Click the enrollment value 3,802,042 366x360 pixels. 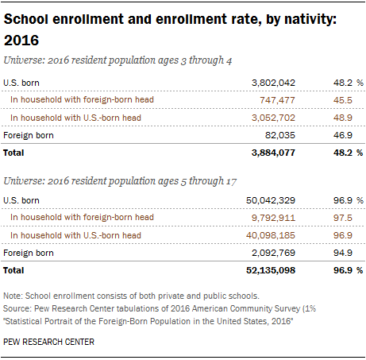tap(273, 83)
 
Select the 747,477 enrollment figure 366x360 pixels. tap(277, 100)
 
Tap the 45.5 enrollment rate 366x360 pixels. tap(343, 100)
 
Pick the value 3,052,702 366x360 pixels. tap(273, 118)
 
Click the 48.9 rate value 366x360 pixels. tap(343, 118)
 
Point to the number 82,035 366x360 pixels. tap(280, 135)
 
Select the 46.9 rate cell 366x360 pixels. tap(343, 135)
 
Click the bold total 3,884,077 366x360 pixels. tap(273, 153)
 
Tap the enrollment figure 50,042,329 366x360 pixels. tap(271, 200)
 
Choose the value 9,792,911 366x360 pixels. tap(273, 218)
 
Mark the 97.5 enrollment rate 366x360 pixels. tap(343, 218)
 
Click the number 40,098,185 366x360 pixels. tap(271, 235)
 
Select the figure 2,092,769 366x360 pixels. tap(273, 253)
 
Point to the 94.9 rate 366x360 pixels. tap(343, 253)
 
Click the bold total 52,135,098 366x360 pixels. tap(271, 270)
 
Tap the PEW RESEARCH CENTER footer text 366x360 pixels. tap(48, 342)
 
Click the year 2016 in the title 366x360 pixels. tap(21, 41)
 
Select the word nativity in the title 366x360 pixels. tap(310, 20)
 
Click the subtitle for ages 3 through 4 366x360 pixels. tap(118, 60)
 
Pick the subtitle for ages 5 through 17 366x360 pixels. tap(120, 181)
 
